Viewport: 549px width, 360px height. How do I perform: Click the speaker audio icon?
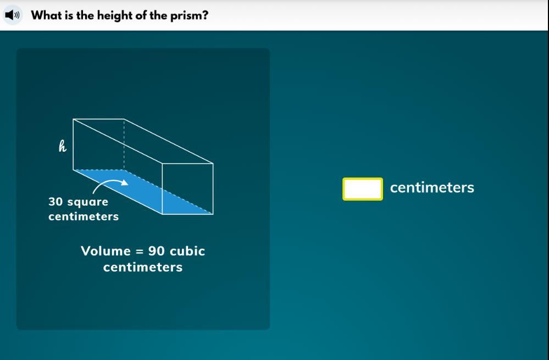[x=13, y=15]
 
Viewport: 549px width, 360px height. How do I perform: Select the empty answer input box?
[x=362, y=189]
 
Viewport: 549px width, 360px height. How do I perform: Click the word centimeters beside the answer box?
[x=432, y=187]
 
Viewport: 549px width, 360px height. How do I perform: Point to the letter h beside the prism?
[x=62, y=146]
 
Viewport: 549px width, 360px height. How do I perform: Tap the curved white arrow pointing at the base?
[x=110, y=185]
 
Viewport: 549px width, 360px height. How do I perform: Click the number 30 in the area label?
[x=56, y=202]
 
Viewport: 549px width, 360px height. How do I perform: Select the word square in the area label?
[x=87, y=202]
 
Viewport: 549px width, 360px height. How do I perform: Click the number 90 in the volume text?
[x=157, y=251]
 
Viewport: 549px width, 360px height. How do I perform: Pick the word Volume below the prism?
[x=106, y=251]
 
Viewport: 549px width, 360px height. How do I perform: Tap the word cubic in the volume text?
[x=187, y=251]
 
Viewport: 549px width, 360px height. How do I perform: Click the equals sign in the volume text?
[x=140, y=251]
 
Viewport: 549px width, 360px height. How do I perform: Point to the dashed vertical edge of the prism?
[x=124, y=145]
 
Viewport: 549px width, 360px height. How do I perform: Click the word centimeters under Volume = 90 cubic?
[x=143, y=267]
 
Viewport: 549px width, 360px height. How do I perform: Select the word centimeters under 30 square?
[x=84, y=217]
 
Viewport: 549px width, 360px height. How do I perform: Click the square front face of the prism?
[x=187, y=189]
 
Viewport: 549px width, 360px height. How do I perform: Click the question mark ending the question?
[x=205, y=15]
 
